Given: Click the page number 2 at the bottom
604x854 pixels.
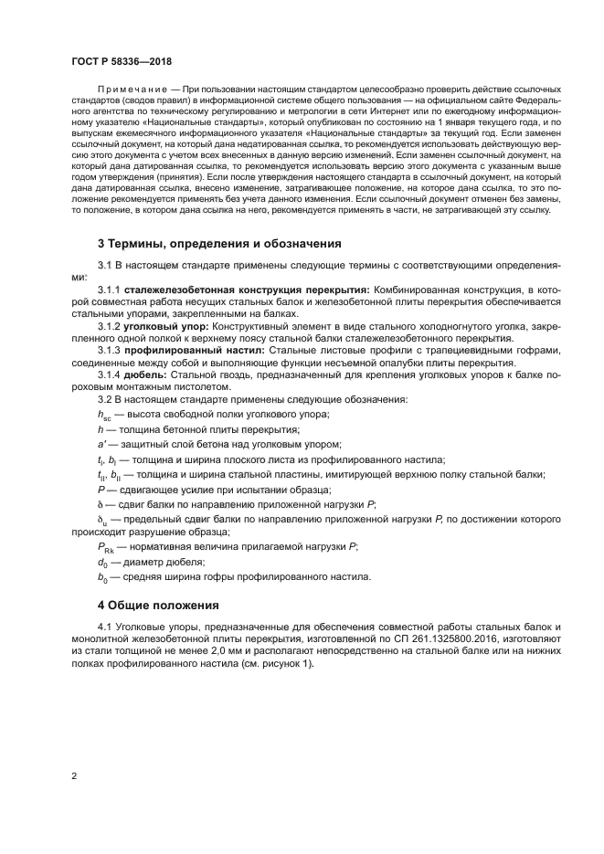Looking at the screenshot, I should click(74, 775).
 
